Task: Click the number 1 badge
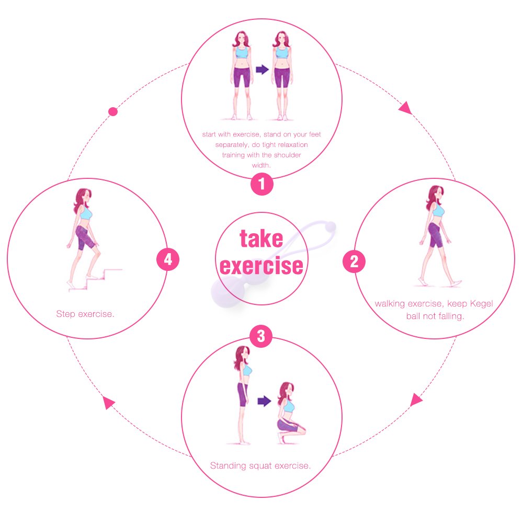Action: click(261, 184)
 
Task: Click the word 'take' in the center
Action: click(261, 239)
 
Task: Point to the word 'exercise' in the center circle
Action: click(261, 265)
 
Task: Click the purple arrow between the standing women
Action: click(261, 69)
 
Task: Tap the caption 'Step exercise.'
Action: click(85, 314)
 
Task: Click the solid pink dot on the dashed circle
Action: click(112, 111)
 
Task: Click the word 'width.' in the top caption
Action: click(261, 165)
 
